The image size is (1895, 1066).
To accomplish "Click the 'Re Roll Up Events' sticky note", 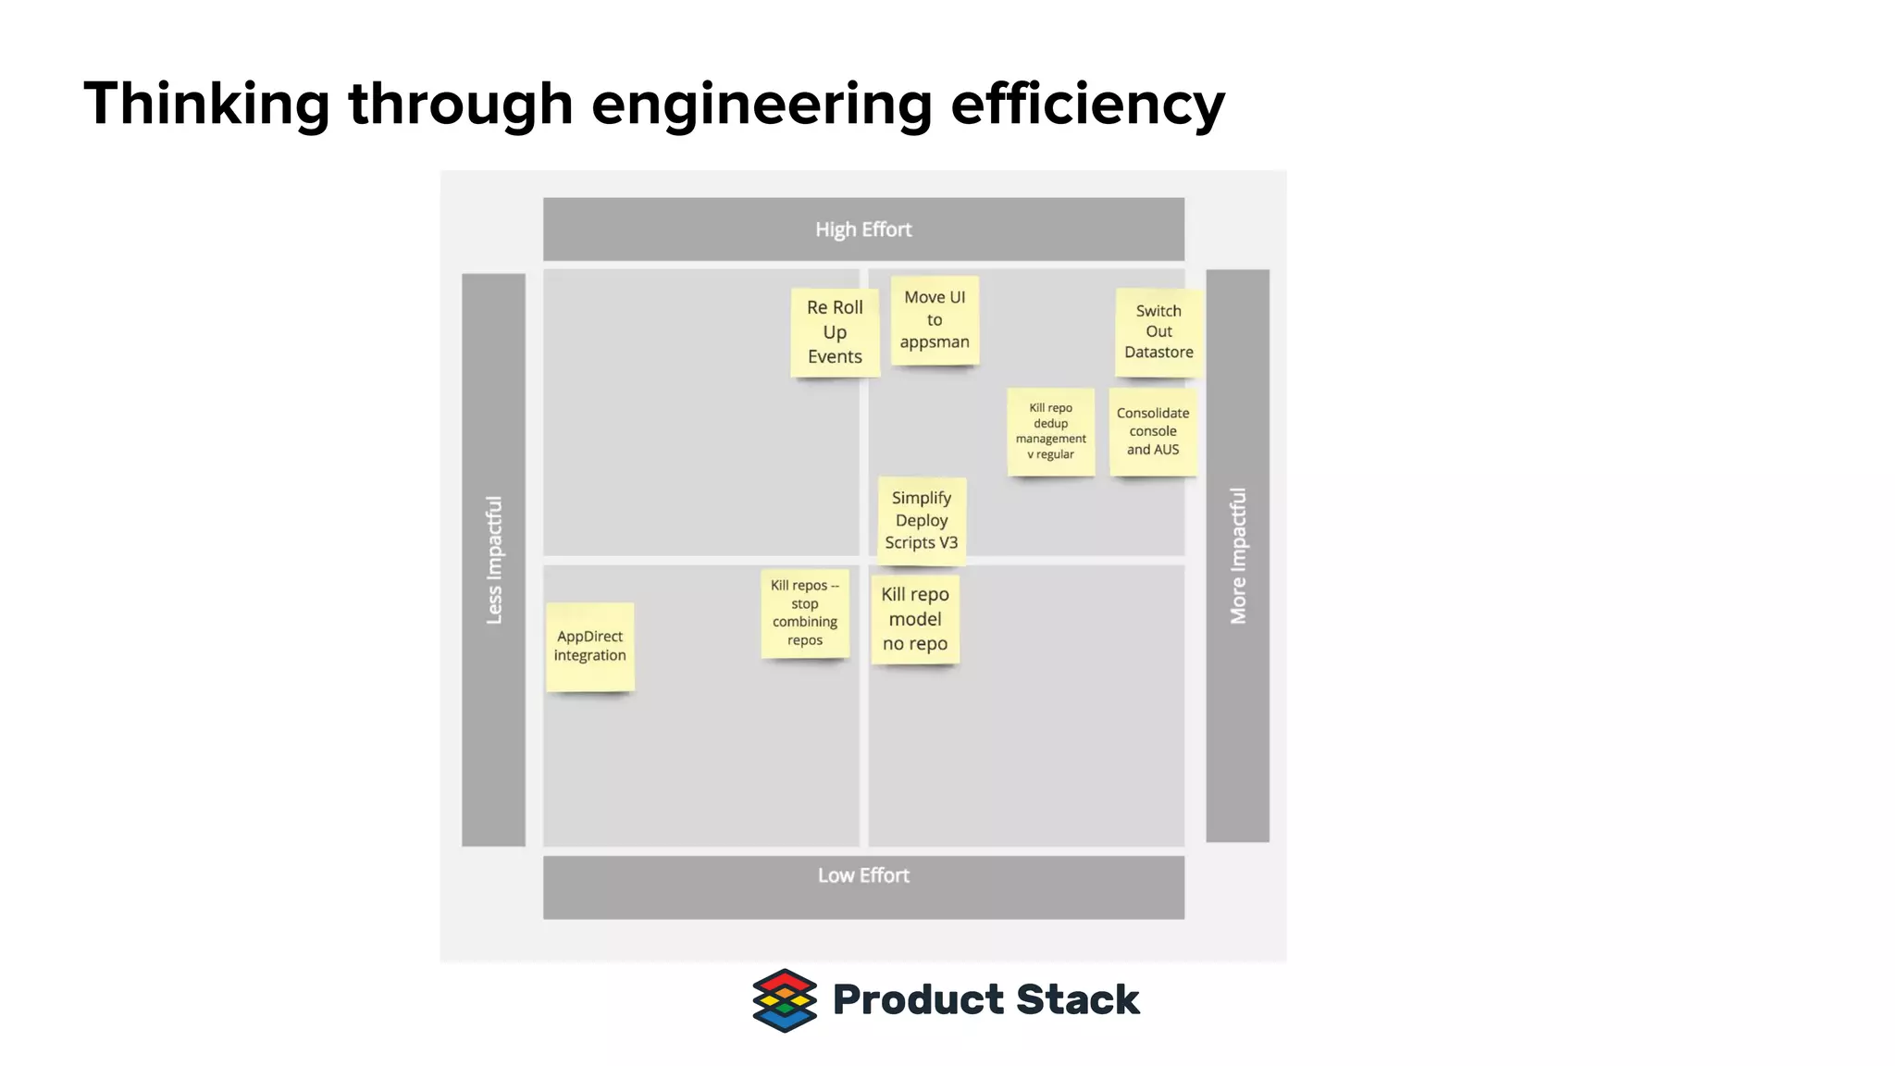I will tap(835, 332).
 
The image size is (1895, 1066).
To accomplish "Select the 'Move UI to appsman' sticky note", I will tap(935, 320).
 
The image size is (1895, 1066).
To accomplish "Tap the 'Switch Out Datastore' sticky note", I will tap(1158, 332).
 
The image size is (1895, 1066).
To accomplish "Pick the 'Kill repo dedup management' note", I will tap(1051, 431).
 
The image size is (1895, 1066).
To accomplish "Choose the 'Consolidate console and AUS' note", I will tap(1153, 431).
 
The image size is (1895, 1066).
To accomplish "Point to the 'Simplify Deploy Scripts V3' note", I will tap(922, 520).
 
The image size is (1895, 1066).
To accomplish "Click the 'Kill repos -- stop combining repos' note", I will tap(805, 613).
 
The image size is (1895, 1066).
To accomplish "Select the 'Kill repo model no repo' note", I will tap(915, 619).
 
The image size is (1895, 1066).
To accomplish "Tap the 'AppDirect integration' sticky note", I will tap(590, 646).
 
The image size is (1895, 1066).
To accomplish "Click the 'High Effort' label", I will tap(863, 229).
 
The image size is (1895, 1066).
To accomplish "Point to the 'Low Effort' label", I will tap(863, 875).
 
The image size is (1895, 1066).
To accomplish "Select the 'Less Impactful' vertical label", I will tap(494, 560).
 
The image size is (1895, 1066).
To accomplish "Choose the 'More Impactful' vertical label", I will tap(1238, 556).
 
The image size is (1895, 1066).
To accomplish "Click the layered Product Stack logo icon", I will tap(785, 1000).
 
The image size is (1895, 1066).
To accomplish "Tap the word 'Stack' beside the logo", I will tap(1078, 1000).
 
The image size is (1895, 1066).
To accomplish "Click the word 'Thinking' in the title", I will tap(206, 104).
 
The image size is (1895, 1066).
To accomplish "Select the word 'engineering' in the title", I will tap(761, 104).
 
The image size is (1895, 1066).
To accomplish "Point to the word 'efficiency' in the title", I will tap(1087, 104).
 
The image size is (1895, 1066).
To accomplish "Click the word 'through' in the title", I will tap(461, 104).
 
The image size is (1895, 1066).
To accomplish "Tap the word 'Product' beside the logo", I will tap(918, 1000).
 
